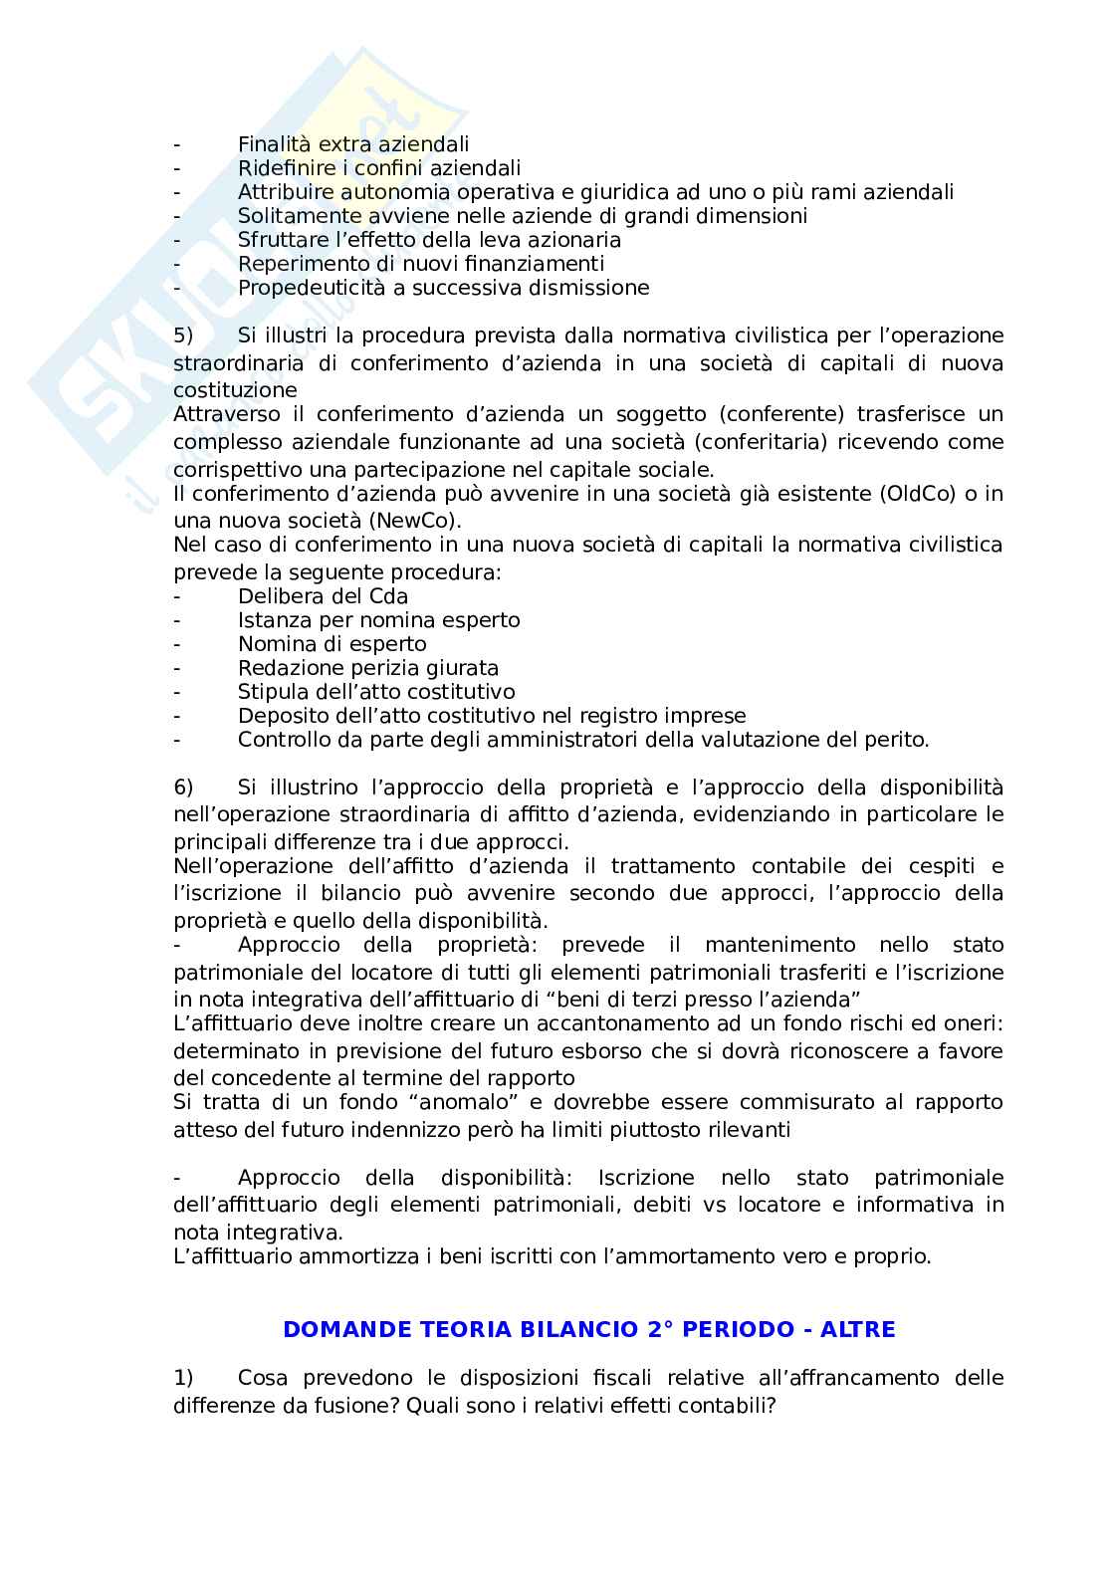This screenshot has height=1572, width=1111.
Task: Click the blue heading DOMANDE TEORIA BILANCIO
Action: tap(588, 1330)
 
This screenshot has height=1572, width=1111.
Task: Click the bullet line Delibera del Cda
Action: tap(323, 596)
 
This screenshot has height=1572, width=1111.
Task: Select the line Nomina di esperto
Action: tap(332, 644)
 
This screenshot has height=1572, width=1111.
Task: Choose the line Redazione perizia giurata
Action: tap(367, 668)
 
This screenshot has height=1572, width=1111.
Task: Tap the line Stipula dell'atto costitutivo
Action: tap(376, 692)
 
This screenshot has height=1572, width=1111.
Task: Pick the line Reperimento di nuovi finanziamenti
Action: tap(420, 264)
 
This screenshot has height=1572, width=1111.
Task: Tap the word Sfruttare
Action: tap(279, 240)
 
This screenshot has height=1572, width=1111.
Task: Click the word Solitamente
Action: tap(294, 216)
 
